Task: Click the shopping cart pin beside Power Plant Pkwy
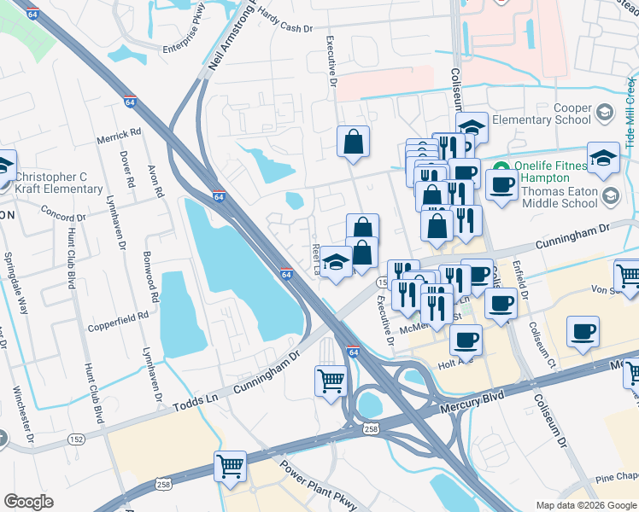230,466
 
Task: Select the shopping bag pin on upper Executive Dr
353,143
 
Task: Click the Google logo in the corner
28,502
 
